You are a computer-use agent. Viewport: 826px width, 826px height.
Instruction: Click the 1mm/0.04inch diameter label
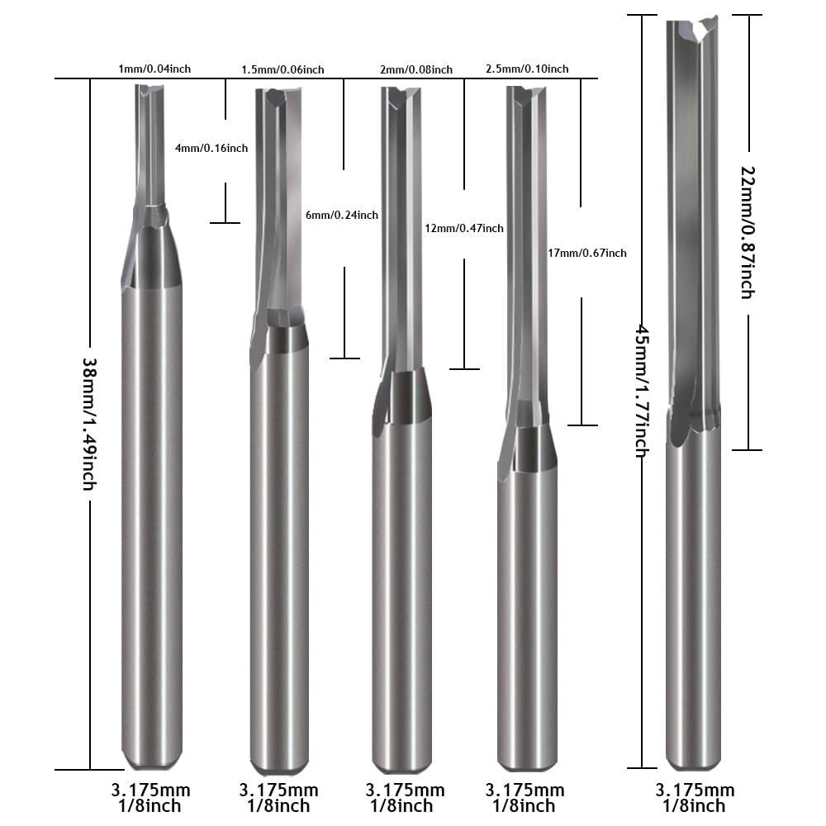(x=154, y=69)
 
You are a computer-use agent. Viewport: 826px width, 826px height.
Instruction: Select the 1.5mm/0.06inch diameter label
(x=282, y=69)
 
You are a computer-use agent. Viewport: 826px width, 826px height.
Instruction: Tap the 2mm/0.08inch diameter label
(x=416, y=70)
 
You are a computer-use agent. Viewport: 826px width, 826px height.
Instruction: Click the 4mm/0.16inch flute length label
(x=211, y=149)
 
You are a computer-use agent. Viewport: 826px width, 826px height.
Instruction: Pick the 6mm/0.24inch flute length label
(x=342, y=215)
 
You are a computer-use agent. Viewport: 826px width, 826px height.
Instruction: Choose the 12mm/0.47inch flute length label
(x=463, y=228)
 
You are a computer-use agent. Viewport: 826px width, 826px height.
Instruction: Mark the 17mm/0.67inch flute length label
(x=586, y=254)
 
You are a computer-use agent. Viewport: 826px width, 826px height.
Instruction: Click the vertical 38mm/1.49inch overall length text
(x=88, y=423)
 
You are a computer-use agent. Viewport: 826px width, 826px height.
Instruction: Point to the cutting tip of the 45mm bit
(x=692, y=29)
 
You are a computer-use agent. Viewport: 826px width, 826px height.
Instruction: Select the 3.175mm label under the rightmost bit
(x=694, y=790)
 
